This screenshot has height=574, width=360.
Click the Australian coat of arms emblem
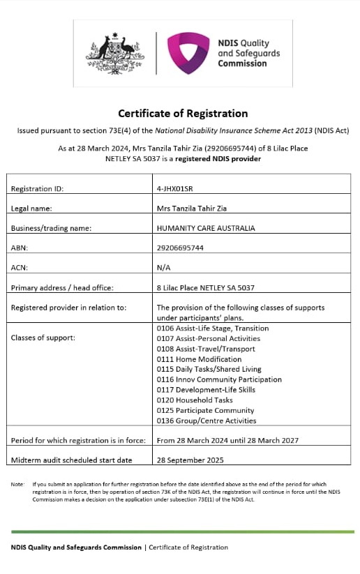coord(115,52)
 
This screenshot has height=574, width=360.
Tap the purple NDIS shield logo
coord(188,52)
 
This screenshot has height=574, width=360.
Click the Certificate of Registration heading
coord(183,113)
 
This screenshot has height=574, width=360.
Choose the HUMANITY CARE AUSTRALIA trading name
coord(206,228)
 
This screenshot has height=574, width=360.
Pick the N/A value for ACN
coord(164,267)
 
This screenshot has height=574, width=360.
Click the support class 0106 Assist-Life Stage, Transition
coord(213,328)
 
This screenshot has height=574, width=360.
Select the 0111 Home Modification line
coord(200,359)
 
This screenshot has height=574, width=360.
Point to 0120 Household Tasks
coord(195,400)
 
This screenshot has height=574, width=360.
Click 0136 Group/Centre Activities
coord(207,421)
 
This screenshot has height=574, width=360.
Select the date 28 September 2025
coord(190,460)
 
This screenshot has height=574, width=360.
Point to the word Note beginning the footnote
coord(17,483)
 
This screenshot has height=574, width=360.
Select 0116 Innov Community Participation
coord(219,379)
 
